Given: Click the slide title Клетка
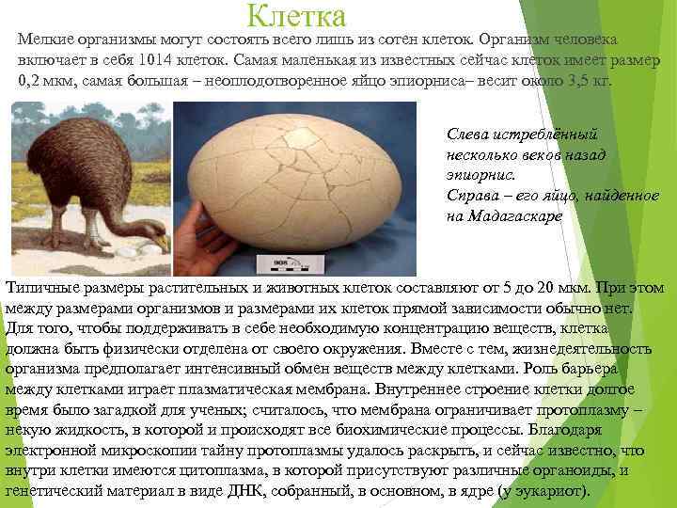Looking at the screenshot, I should pos(297,16).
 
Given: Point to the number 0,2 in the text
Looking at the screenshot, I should pos(35,81).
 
